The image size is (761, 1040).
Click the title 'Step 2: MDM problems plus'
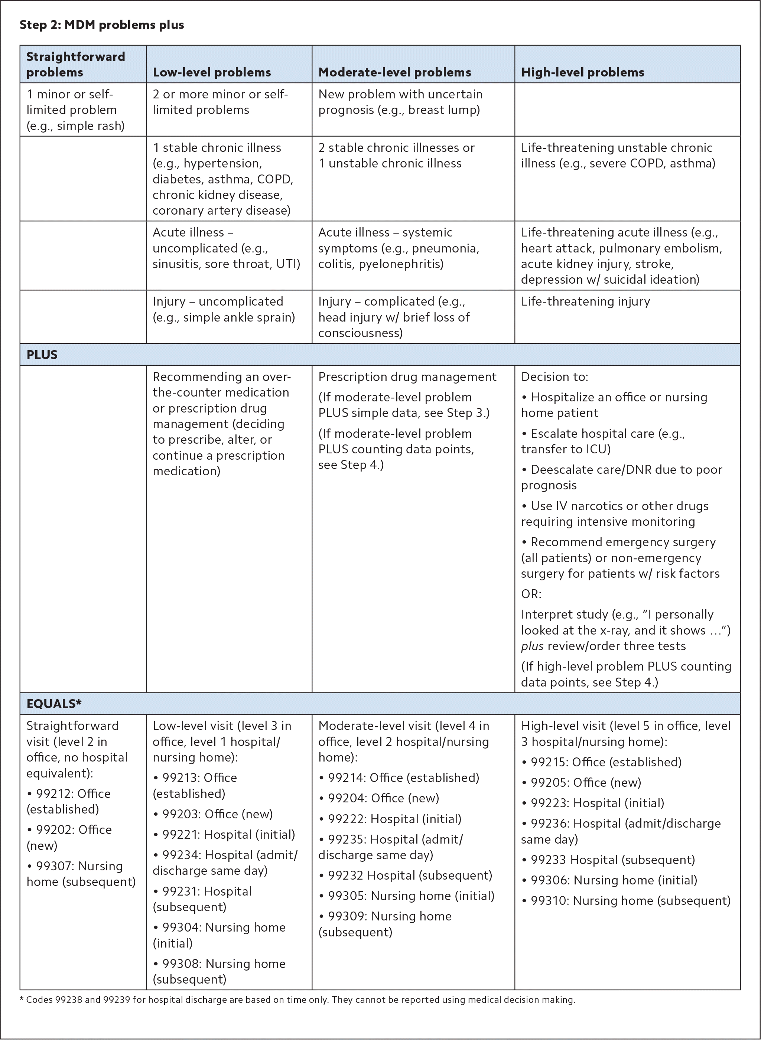coord(101,25)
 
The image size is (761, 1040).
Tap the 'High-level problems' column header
coord(582,72)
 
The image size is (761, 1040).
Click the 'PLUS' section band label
coord(42,355)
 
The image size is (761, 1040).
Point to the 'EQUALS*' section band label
coord(54,703)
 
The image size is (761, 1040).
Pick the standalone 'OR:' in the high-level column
coord(531,594)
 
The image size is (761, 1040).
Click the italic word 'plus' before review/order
coord(532,646)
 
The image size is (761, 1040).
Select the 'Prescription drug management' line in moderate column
coord(407,377)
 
